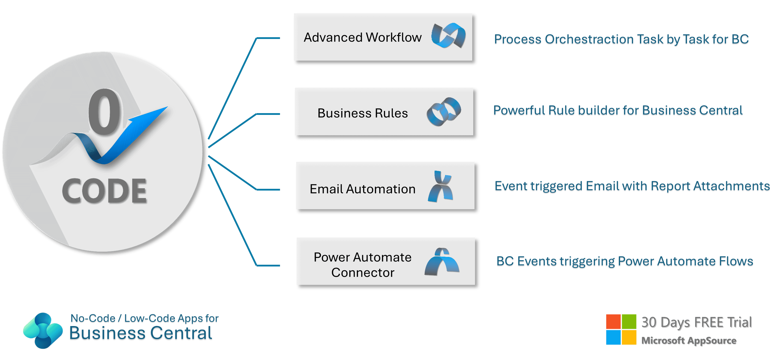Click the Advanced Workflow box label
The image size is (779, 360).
point(362,37)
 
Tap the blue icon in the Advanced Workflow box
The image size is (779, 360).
point(448,36)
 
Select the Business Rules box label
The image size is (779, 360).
point(362,113)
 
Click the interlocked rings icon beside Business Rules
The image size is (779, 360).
point(444,112)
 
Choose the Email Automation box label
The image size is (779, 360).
point(362,189)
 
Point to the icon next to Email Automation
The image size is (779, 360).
point(441,187)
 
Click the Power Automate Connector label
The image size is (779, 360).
point(362,264)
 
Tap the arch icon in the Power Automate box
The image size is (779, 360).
point(442,262)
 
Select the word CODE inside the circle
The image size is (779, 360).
point(104,191)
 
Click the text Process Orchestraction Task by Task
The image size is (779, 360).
point(621,40)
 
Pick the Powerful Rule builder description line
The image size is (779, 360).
point(618,111)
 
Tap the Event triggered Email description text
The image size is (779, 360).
point(632,187)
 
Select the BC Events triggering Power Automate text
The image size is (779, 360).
point(625,261)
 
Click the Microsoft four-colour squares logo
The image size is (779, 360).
point(621,330)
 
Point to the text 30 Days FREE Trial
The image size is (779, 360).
point(697,322)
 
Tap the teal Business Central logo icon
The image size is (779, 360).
point(43,330)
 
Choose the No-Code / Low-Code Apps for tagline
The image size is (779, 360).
point(144,319)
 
